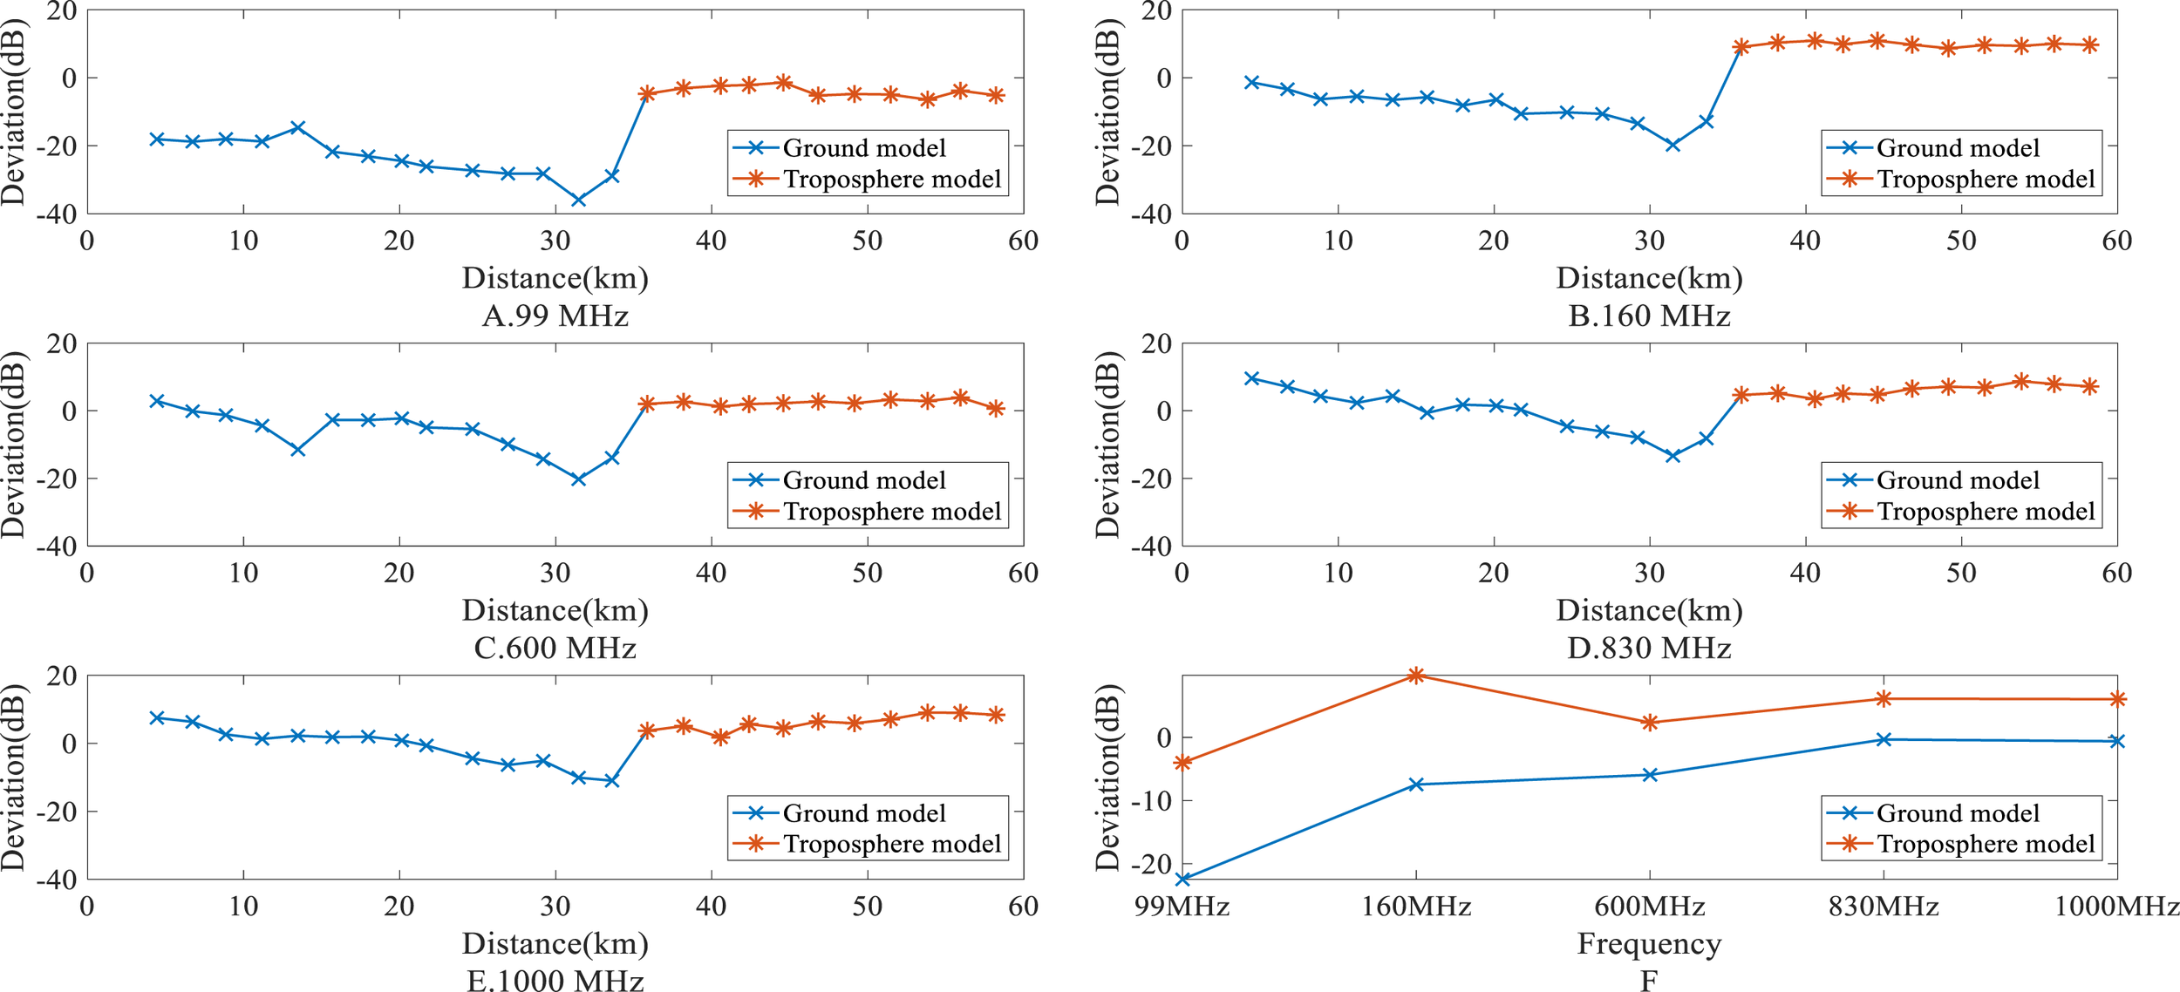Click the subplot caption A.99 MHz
coord(555,316)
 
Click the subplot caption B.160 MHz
coord(1648,316)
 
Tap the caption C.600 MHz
coord(555,649)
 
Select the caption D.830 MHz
coord(1648,649)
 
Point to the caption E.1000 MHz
coord(555,981)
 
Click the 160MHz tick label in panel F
coord(1416,907)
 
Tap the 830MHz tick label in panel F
coord(1884,907)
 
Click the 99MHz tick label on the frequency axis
coord(1182,907)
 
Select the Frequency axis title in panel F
coord(1648,944)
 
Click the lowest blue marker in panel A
coord(578,200)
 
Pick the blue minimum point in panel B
coord(1672,146)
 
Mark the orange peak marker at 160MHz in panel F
coord(1416,676)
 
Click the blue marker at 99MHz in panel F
coord(1183,880)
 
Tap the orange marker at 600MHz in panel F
coord(1650,723)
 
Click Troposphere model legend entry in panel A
coord(891,180)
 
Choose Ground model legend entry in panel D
coord(1957,480)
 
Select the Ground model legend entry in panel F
coord(1957,813)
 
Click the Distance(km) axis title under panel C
coord(555,611)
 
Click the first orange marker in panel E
coord(647,730)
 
